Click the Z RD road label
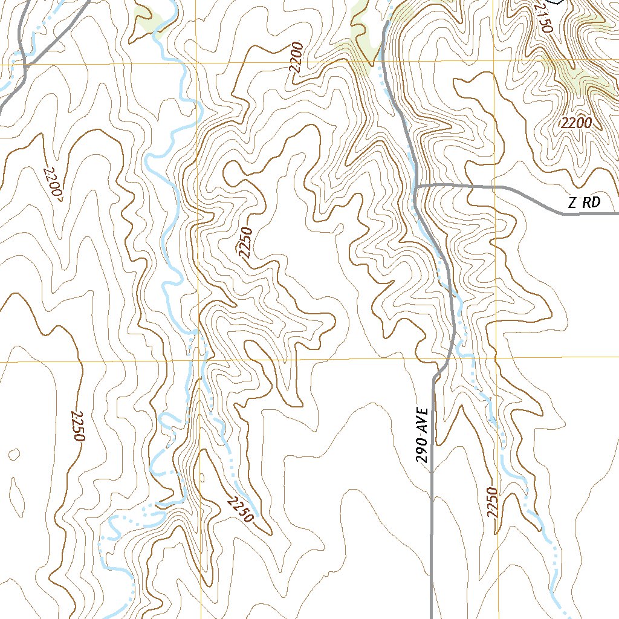point(584,203)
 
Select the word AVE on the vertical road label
point(425,420)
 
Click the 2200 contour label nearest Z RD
point(575,123)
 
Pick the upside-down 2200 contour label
point(53,181)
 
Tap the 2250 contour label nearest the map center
point(245,242)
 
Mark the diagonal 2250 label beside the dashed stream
point(240,509)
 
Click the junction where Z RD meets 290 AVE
point(417,186)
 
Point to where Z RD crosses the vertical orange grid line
point(495,187)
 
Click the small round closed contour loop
point(15,454)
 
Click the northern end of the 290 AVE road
point(385,23)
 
